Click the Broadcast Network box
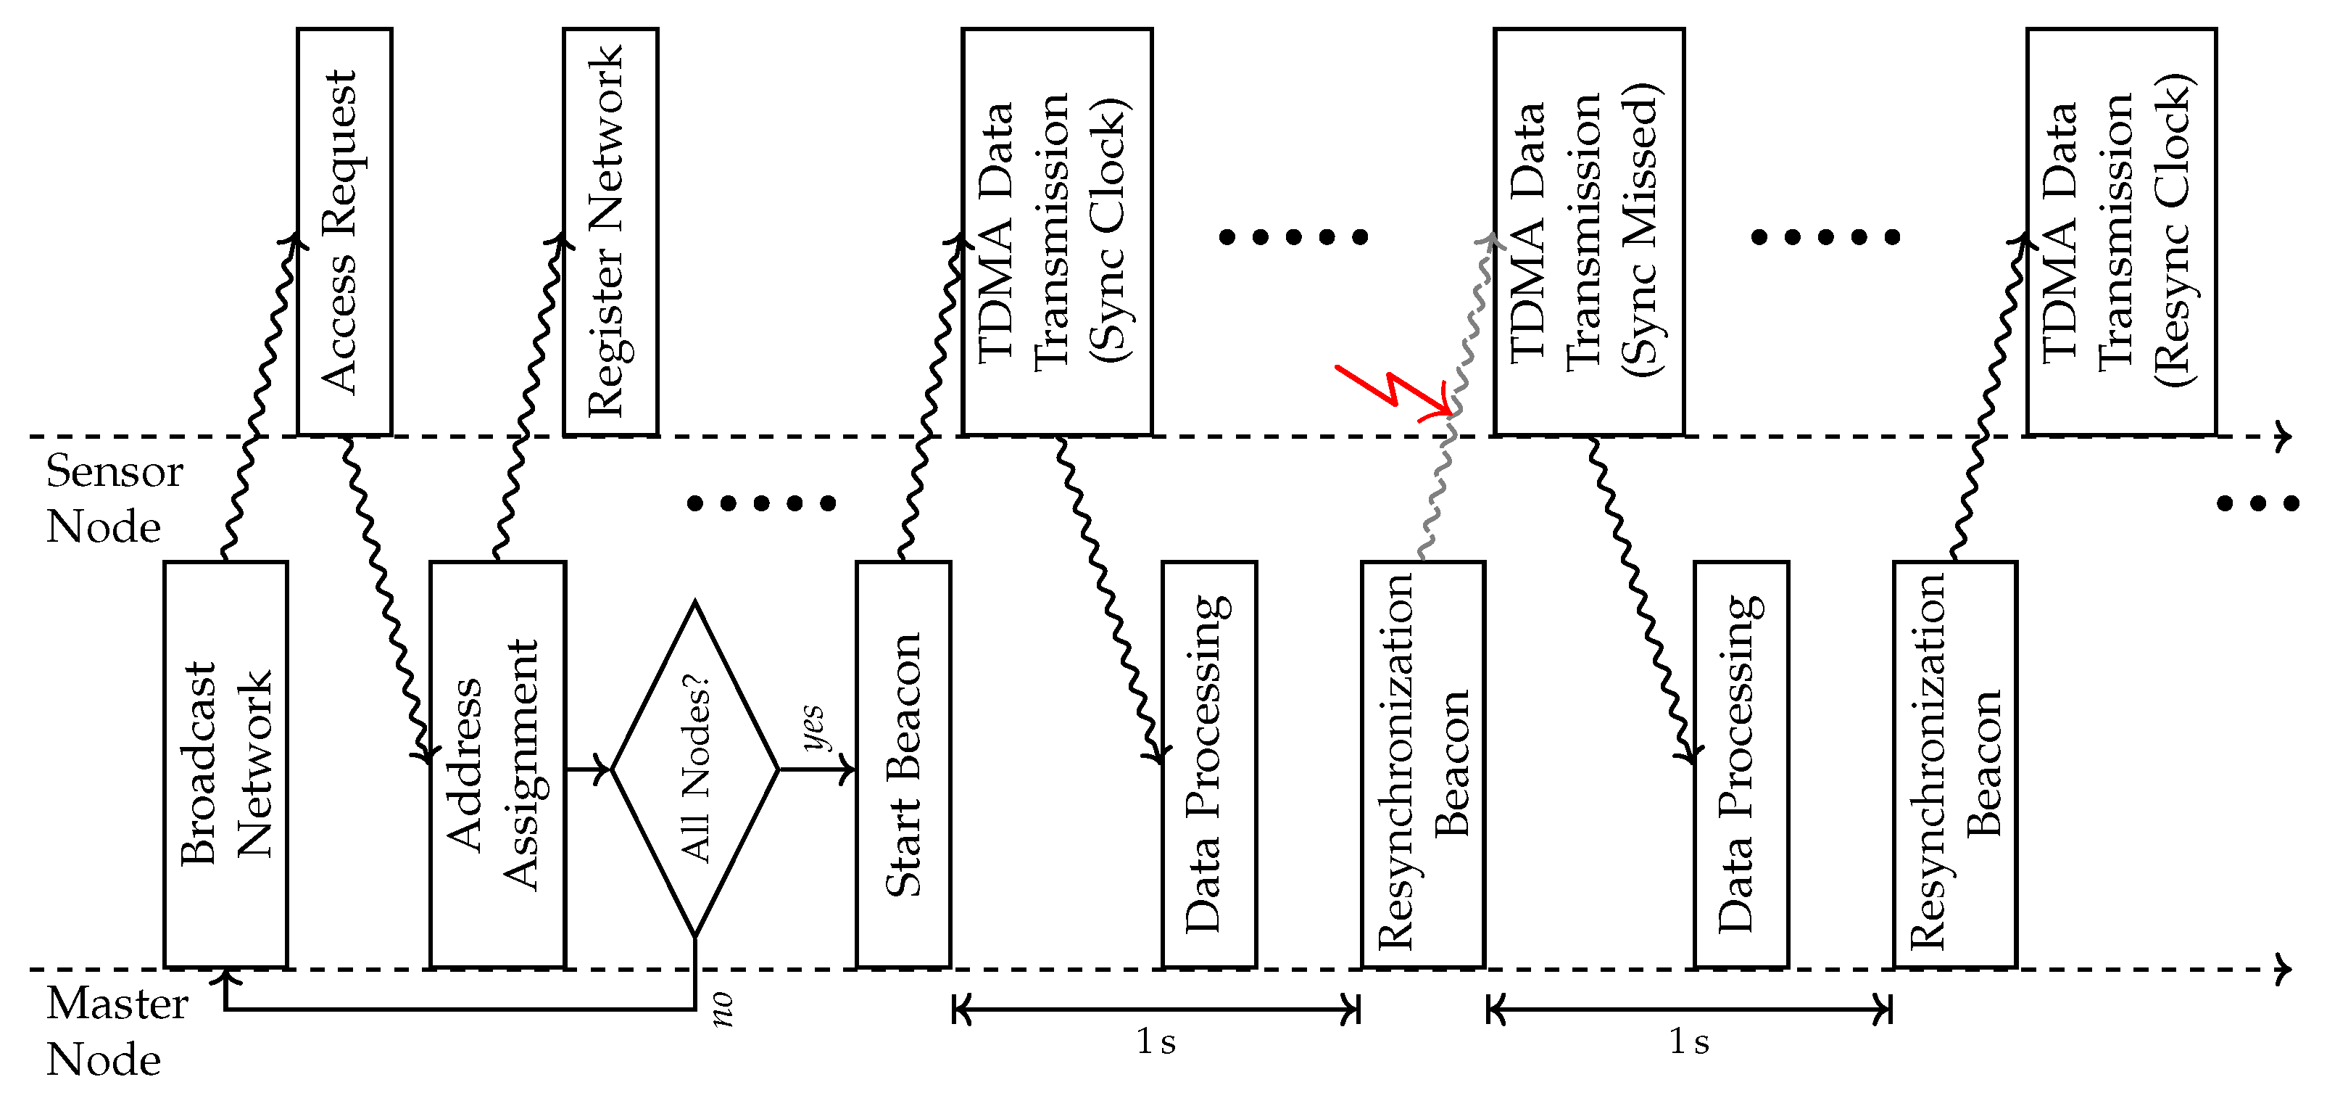click(226, 764)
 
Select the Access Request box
click(344, 231)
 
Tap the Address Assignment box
click(498, 764)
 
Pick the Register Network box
click(610, 231)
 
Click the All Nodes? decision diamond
click(694, 769)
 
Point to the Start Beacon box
click(903, 764)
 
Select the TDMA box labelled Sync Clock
click(1056, 231)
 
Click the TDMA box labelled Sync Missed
click(1588, 231)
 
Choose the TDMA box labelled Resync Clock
click(2120, 231)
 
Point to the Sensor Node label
click(114, 499)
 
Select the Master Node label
click(116, 1031)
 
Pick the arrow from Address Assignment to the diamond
click(588, 770)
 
